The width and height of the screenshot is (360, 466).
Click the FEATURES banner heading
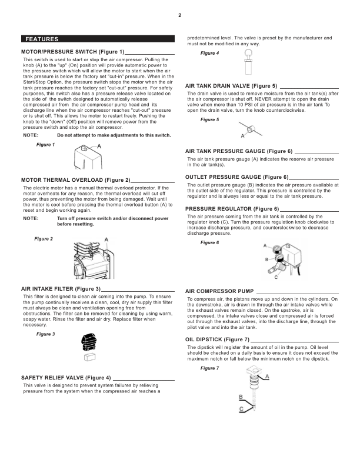[42, 39]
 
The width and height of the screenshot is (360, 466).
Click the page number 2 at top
[179, 15]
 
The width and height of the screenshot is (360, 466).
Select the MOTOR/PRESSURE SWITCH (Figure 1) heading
[72, 52]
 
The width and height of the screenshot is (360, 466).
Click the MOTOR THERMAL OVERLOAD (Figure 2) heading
[75, 179]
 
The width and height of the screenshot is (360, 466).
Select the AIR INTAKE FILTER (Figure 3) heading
[61, 289]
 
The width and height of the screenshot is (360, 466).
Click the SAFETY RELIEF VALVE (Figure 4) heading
[66, 377]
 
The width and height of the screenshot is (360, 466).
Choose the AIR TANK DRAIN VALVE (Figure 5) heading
[231, 86]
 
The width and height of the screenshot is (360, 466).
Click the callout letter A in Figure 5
[242, 136]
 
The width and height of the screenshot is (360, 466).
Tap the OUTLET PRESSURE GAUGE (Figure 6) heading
[236, 177]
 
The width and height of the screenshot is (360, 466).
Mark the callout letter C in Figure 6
[276, 277]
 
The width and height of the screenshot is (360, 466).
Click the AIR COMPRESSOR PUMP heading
[219, 291]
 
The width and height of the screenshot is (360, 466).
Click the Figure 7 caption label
[209, 368]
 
